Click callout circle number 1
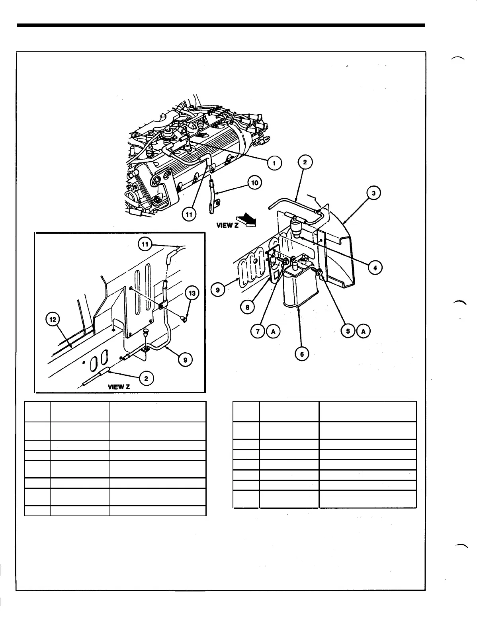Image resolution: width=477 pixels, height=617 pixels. [x=274, y=162]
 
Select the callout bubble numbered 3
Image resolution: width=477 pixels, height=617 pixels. [x=374, y=193]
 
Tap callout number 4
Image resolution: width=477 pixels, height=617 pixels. [x=375, y=267]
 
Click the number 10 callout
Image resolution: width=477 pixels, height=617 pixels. [x=254, y=183]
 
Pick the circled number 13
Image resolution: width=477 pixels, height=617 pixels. [x=192, y=294]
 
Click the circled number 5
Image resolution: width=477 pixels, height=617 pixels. [x=348, y=331]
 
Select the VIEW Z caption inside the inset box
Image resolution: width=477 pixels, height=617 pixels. [x=118, y=387]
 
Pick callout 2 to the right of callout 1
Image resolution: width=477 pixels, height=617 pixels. [x=305, y=162]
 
